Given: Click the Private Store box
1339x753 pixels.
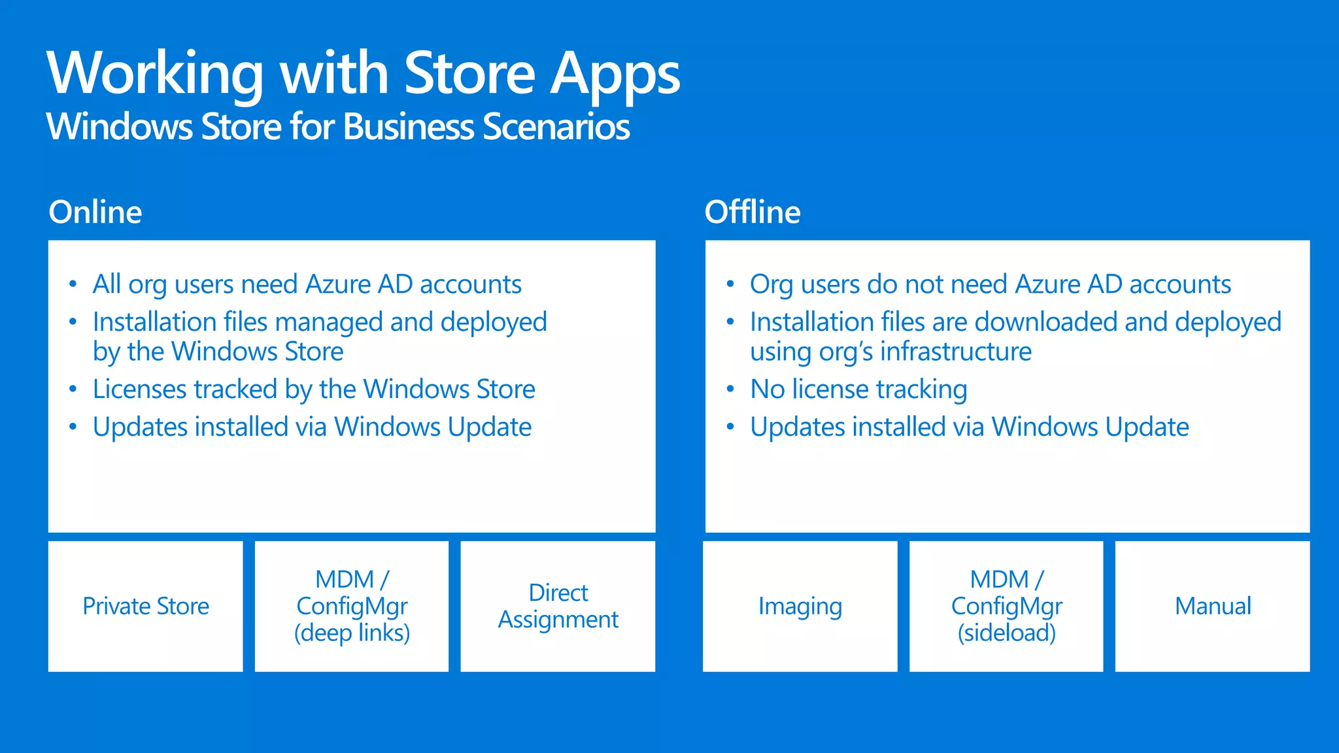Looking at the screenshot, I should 145,606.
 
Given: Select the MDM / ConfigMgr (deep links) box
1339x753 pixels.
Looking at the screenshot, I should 352,606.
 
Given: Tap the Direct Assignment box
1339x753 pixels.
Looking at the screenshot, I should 558,606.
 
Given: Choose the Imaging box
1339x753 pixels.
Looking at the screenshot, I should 800,606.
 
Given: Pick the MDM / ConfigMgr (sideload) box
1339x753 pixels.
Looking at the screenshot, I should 1006,606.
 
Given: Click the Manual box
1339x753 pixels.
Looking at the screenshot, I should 1213,606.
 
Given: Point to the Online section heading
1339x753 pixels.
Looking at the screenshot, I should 95,212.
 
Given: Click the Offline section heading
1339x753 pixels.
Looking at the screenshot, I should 753,212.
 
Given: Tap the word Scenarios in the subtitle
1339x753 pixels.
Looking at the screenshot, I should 556,126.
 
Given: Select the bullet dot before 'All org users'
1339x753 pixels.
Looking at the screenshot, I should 73,284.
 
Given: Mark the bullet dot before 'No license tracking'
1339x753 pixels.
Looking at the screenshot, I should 730,390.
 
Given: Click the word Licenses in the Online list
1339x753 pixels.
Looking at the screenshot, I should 139,389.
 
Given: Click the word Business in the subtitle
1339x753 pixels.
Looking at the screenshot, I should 409,126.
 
